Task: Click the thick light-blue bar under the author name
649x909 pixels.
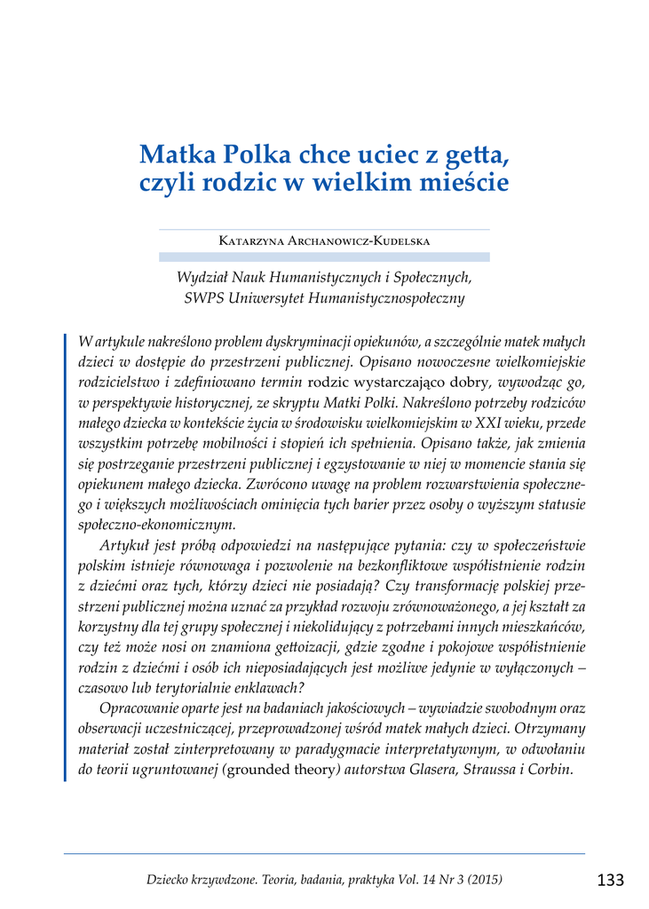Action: pyautogui.click(x=324, y=257)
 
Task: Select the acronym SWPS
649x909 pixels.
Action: pyautogui.click(x=202, y=299)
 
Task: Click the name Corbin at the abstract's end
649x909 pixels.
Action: pyautogui.click(x=552, y=770)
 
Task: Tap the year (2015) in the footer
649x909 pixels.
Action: pyautogui.click(x=483, y=880)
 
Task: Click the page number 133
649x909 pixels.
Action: pyautogui.click(x=610, y=880)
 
